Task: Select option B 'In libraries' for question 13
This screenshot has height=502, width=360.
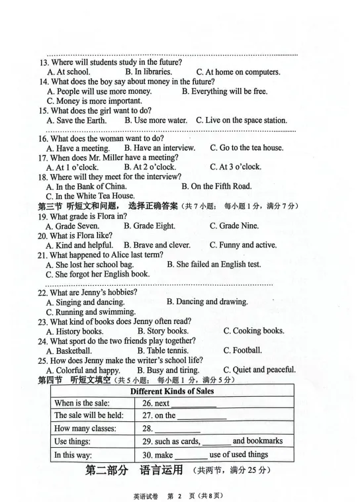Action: pos(148,72)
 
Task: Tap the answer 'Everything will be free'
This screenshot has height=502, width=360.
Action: pos(224,91)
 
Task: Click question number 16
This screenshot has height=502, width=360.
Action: pos(42,139)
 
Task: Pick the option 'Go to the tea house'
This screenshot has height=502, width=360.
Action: pos(246,148)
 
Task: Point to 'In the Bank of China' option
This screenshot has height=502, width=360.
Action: pos(85,187)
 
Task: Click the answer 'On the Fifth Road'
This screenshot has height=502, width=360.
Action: pos(216,187)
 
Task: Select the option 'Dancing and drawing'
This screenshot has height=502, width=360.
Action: pos(207,302)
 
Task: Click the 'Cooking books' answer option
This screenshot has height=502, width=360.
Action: pos(253,331)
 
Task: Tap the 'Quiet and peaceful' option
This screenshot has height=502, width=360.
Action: pos(259,370)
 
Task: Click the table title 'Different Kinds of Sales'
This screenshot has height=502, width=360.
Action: pos(171,391)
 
